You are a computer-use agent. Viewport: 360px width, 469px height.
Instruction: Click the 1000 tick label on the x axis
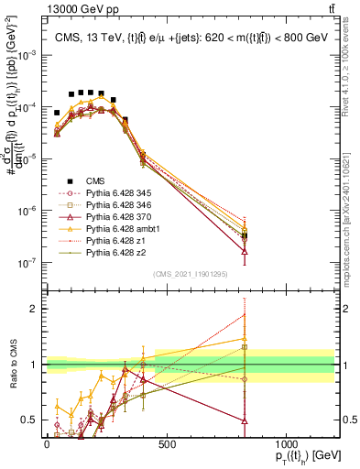point(287,443)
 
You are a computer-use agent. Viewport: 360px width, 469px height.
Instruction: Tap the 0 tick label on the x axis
point(47,443)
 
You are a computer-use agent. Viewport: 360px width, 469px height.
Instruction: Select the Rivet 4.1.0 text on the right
point(353,64)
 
